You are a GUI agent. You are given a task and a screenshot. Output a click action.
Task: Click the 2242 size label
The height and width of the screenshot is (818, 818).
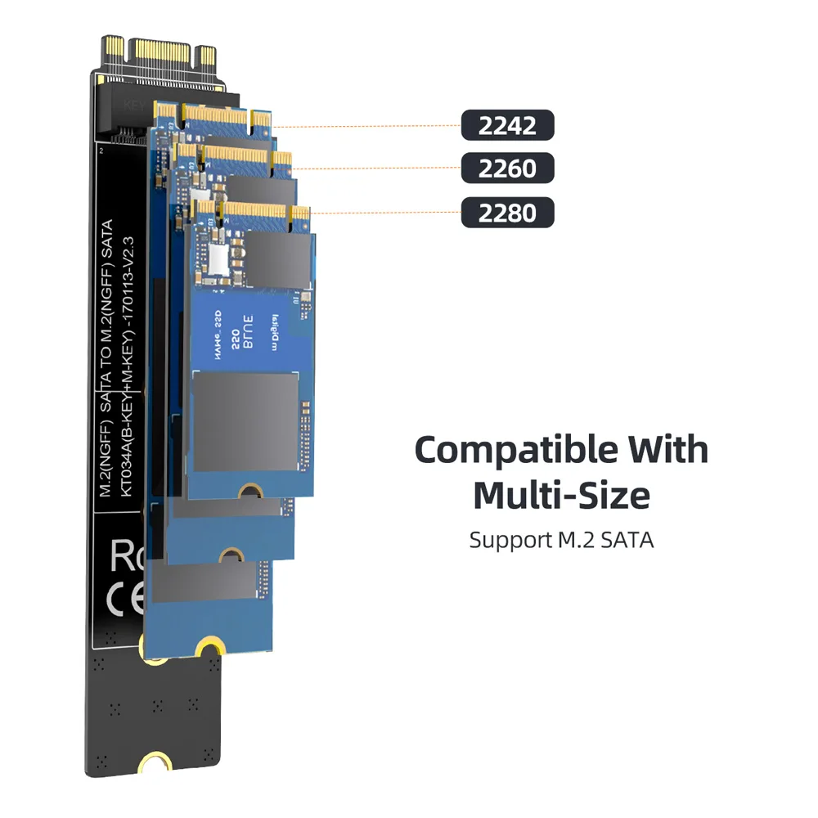tap(507, 126)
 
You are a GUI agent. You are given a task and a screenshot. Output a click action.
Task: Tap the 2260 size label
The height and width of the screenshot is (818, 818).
tap(507, 169)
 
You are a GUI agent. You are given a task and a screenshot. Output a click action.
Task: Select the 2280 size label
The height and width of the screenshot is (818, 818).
tap(507, 213)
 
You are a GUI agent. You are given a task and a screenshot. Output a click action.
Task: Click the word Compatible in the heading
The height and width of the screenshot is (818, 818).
tap(515, 450)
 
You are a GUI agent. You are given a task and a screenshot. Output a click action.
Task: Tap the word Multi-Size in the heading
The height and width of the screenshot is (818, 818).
tap(561, 495)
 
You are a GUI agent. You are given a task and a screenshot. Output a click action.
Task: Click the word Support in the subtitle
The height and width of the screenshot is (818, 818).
tap(503, 541)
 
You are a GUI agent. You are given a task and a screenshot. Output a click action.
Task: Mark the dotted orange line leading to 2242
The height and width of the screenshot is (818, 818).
tap(368, 127)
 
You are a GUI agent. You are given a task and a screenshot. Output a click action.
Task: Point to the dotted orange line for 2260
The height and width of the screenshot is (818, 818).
tap(376, 169)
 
